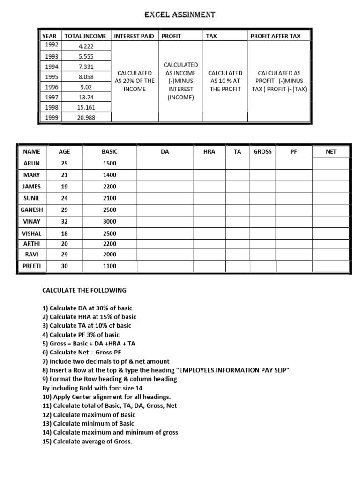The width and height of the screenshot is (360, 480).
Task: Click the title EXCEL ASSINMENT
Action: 180,15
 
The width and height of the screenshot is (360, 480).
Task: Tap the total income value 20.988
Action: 86,118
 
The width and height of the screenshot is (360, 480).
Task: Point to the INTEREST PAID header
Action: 134,36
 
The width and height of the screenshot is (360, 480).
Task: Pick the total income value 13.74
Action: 86,97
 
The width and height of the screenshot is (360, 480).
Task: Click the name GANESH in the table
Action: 32,210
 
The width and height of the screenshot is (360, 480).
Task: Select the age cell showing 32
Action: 64,221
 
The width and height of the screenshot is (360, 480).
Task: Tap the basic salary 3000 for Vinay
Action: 109,221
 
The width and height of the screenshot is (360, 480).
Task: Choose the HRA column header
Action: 209,152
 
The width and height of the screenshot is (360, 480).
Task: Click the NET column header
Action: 331,152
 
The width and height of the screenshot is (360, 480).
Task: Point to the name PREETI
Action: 32,266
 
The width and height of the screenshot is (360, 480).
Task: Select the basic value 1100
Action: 109,266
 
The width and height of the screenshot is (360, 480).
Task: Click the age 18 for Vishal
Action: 64,233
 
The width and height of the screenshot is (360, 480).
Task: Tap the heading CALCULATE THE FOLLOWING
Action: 84,290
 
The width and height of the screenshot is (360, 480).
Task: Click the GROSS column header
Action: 262,152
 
